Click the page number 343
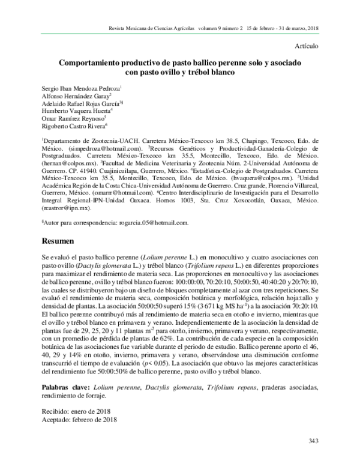click(313, 441)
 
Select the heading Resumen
click(58, 240)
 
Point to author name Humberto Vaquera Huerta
click(75, 111)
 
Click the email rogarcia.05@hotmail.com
click(154, 222)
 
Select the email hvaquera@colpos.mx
click(263, 178)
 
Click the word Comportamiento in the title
click(88, 62)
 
